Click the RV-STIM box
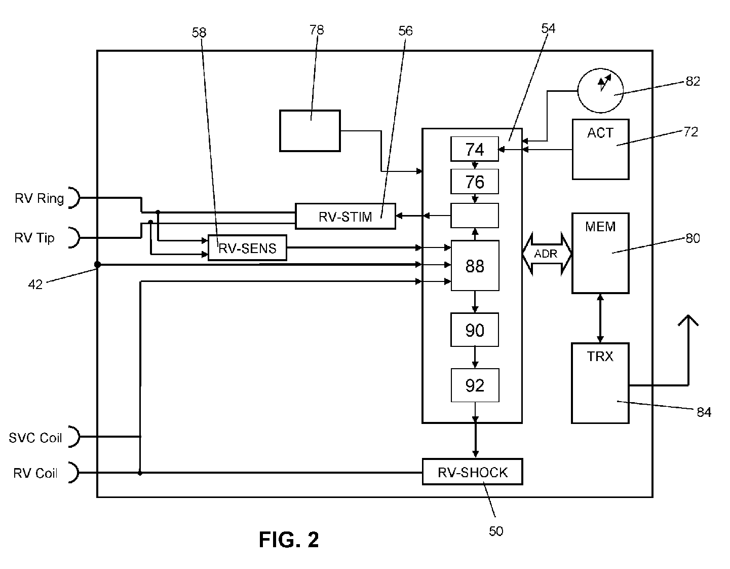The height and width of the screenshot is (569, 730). click(345, 216)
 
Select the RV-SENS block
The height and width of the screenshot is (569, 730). click(247, 248)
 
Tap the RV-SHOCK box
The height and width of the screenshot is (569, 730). click(472, 472)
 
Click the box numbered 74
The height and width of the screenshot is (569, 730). click(474, 149)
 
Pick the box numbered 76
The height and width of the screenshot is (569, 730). click(474, 182)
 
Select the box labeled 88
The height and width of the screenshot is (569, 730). click(475, 266)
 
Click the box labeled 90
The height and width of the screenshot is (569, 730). click(474, 330)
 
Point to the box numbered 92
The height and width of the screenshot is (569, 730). click(475, 385)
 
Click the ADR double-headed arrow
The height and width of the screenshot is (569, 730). click(547, 254)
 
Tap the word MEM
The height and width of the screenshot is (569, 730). click(600, 227)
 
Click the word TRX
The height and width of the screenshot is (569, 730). click(600, 357)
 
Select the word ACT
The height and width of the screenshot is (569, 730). click(600, 133)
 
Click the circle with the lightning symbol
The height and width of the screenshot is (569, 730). click(601, 91)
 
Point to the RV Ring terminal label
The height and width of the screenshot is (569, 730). click(40, 198)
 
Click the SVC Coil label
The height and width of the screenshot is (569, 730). click(35, 438)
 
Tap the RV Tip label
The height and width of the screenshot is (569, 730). click(34, 238)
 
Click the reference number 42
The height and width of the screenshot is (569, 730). click(35, 284)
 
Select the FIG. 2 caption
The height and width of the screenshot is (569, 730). click(289, 540)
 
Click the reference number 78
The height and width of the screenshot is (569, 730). click(317, 30)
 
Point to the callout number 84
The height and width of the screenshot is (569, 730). click(704, 412)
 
